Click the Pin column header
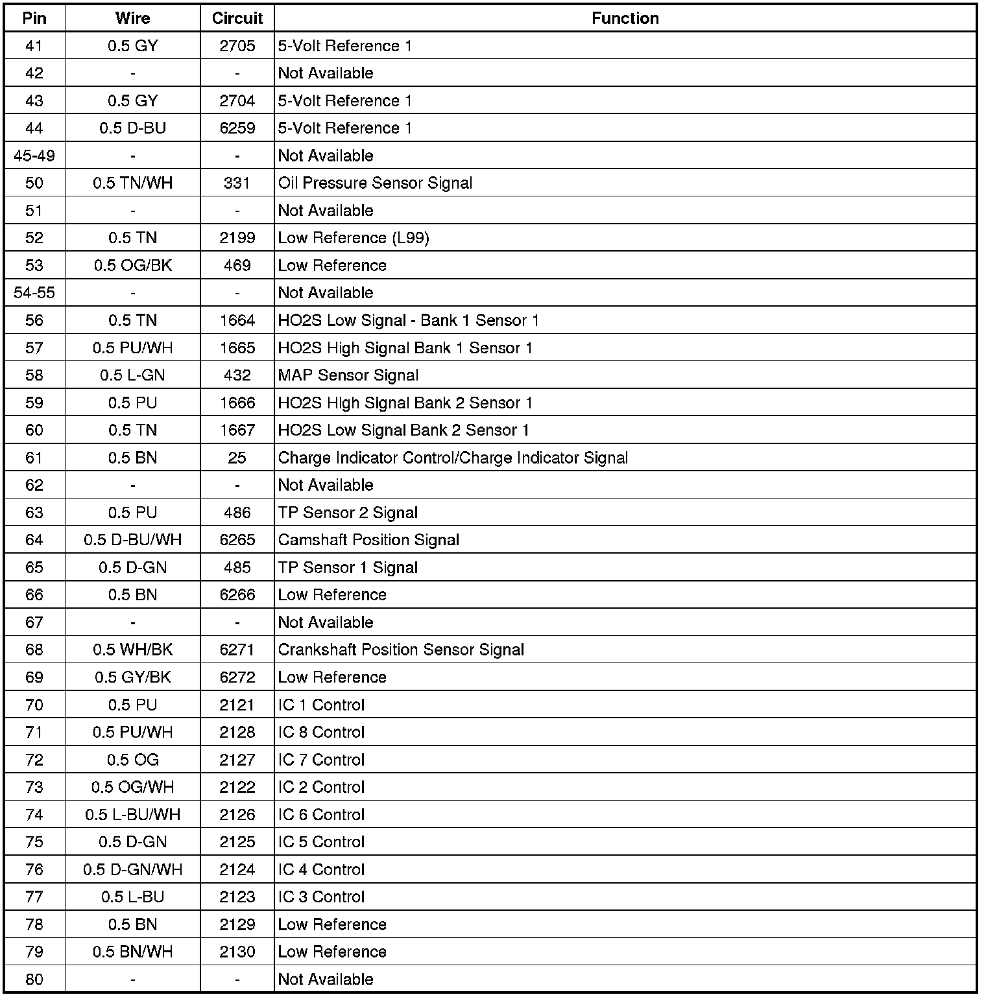coord(34,18)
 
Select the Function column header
coord(625,18)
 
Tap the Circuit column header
coord(237,18)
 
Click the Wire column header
coord(132,18)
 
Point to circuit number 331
coord(237,183)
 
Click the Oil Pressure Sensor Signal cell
coord(375,183)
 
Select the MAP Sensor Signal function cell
coord(348,375)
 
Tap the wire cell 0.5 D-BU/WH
coord(132,540)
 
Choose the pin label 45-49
coord(34,156)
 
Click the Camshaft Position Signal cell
coord(368,540)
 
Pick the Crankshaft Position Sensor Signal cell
coord(401,650)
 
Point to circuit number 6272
coord(237,677)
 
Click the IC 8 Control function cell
coord(321,732)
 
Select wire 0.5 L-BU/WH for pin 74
coord(132,814)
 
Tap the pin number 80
coord(34,979)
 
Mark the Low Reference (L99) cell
coord(354,238)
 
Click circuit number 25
coord(237,458)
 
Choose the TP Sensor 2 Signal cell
coord(348,513)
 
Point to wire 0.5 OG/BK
coord(132,265)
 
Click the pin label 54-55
coord(34,293)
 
